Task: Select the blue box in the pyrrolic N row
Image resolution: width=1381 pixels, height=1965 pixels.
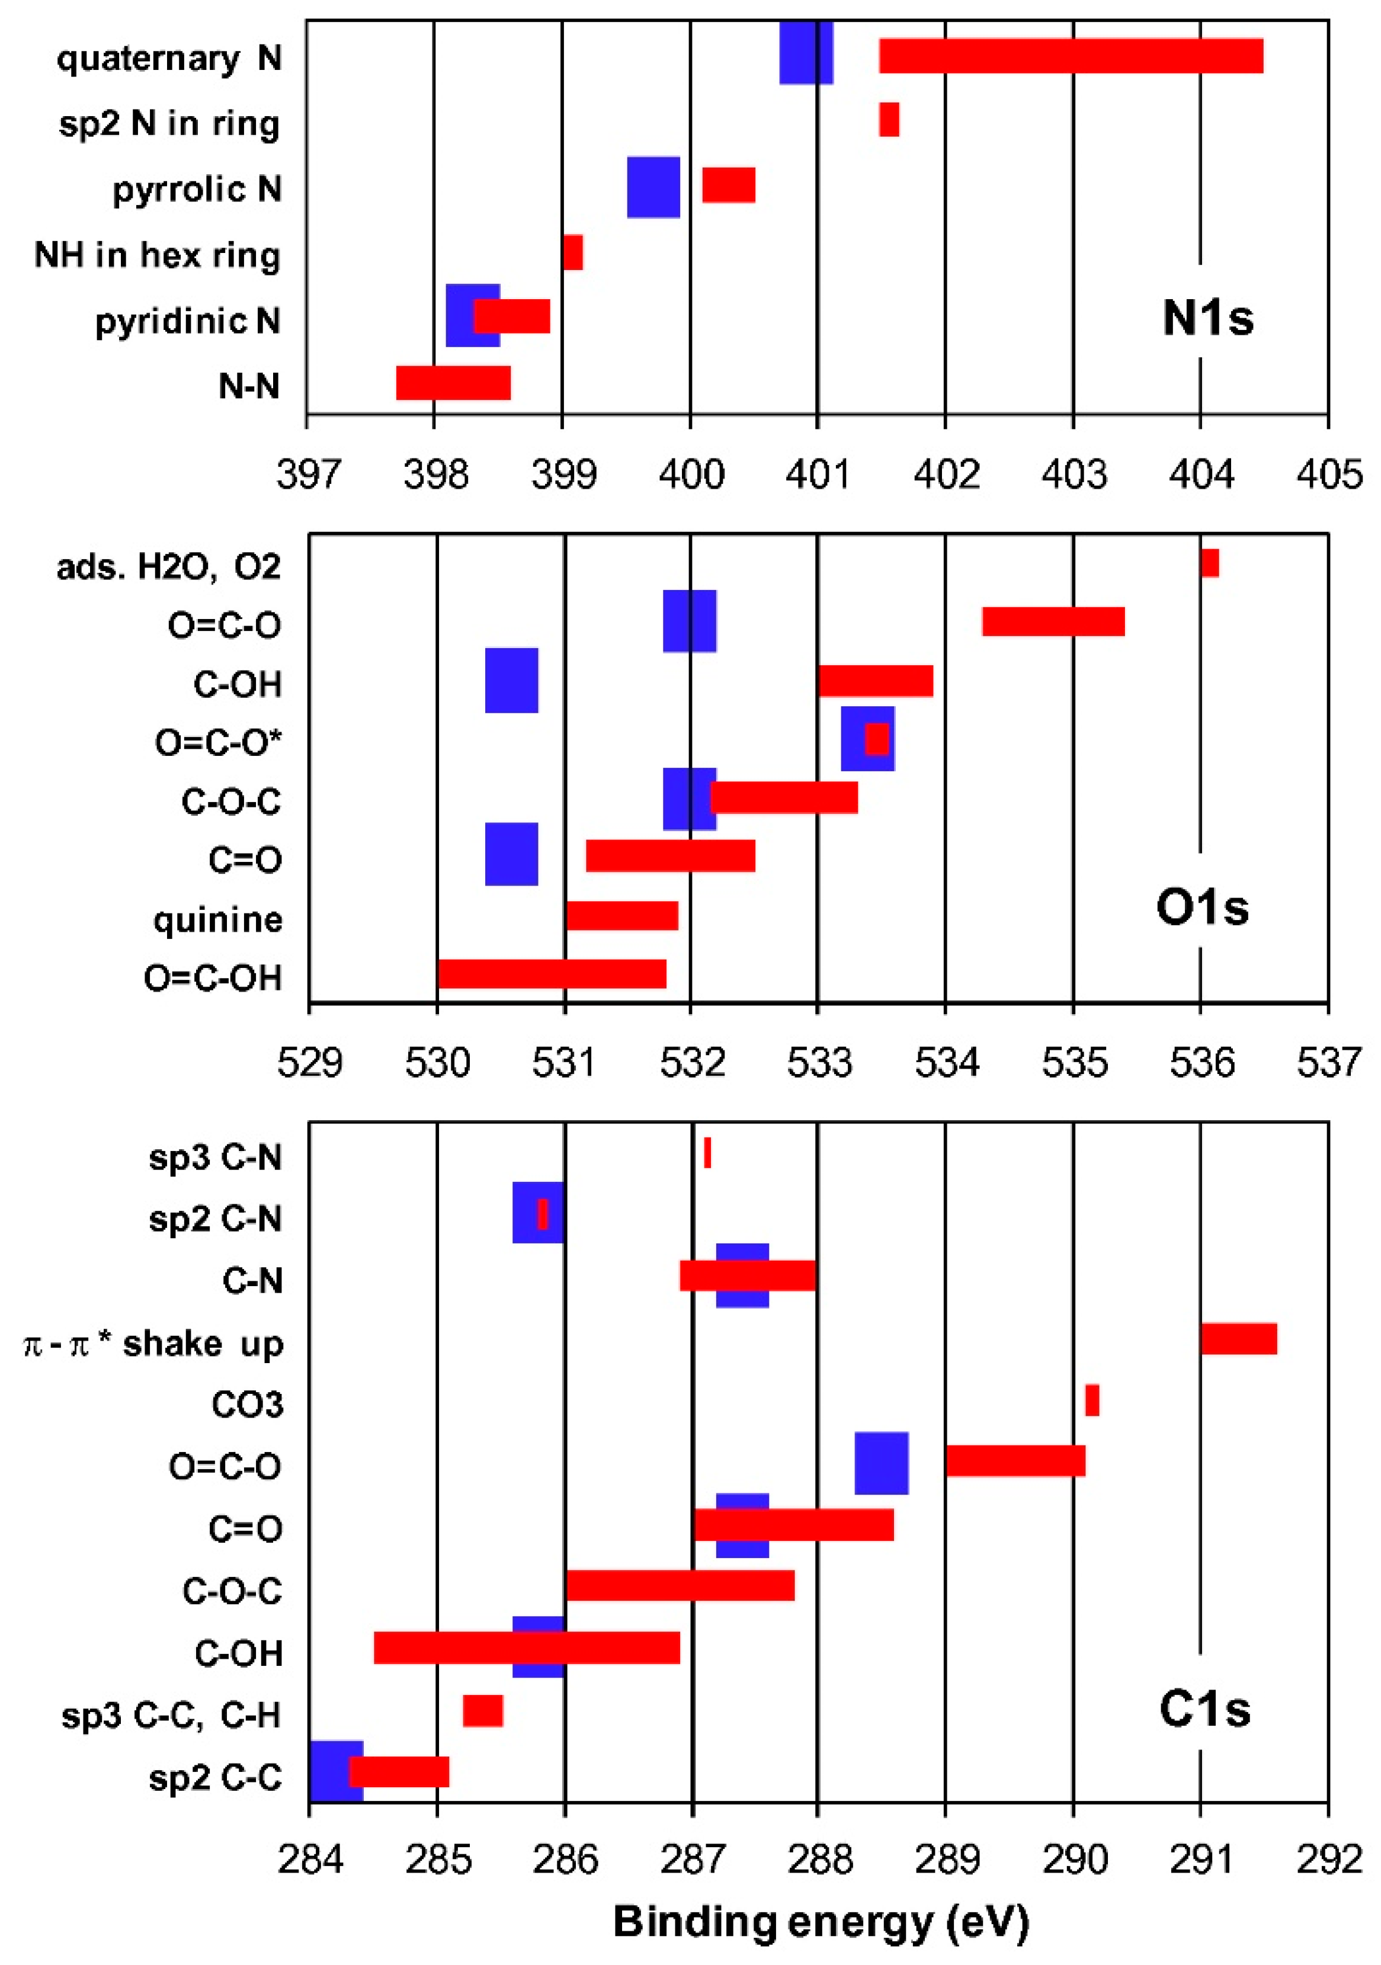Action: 653,187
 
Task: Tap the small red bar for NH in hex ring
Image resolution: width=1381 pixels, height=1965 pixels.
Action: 573,252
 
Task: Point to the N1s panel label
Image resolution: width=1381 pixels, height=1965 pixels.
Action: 1207,318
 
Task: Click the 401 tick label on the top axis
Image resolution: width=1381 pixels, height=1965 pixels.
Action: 818,474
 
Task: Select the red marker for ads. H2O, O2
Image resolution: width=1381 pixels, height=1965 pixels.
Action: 1209,563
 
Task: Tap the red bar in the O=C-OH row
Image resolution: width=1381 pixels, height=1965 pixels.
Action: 552,974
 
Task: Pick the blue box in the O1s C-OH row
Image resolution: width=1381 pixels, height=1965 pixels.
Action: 511,681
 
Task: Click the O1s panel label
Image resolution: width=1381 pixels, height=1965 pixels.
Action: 1202,907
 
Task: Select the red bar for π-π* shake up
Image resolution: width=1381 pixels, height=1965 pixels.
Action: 1238,1338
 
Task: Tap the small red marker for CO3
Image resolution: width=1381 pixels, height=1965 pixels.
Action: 1092,1400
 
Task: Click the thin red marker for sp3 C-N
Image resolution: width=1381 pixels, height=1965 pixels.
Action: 707,1153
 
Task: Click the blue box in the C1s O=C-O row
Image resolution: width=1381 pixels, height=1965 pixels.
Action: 881,1463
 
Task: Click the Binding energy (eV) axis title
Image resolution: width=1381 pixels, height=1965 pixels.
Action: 820,1921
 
